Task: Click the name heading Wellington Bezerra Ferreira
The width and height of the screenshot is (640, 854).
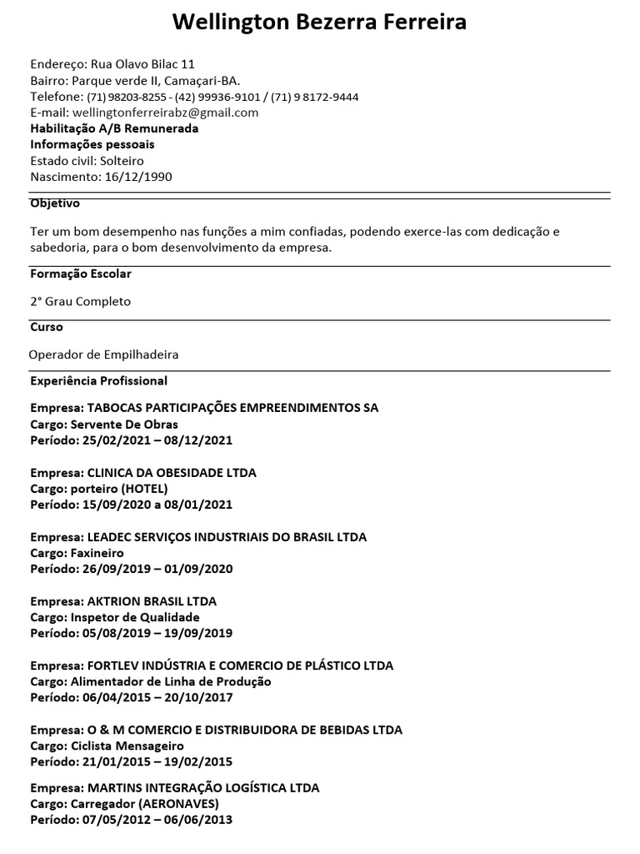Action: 319,23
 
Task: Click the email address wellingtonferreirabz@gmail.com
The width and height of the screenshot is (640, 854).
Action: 165,113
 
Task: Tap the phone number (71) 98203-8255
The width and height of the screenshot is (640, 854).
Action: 120,97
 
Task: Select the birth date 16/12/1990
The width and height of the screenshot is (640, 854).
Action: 139,177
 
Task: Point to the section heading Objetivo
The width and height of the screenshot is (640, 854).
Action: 55,203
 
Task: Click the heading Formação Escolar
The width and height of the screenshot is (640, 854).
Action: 80,274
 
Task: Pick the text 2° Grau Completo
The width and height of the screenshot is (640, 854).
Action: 80,301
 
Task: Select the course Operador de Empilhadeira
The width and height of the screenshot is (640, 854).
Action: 103,354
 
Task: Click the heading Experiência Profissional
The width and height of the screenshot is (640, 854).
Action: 98,381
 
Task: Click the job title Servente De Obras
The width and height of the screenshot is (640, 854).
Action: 131,424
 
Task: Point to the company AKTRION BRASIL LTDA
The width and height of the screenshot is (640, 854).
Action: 151,601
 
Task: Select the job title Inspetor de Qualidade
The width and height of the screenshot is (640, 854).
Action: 141,617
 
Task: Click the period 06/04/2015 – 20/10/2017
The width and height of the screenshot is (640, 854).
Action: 157,697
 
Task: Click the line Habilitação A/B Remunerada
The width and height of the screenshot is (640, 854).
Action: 114,128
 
